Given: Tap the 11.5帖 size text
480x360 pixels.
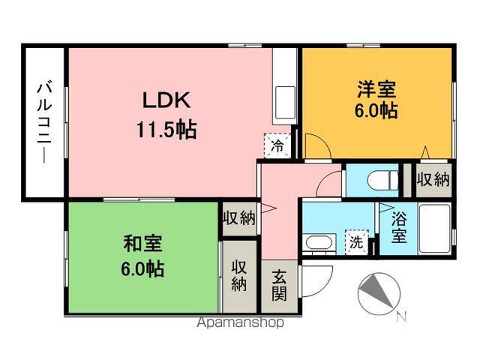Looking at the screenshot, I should [x=166, y=130].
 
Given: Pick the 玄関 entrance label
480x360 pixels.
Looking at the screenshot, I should [x=278, y=286].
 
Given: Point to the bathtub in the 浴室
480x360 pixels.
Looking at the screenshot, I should [x=433, y=227].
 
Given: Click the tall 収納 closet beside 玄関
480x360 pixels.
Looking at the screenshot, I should [x=239, y=275].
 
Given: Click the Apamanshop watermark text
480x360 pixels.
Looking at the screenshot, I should [x=240, y=323].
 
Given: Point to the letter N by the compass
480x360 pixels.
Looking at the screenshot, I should [x=401, y=316].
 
